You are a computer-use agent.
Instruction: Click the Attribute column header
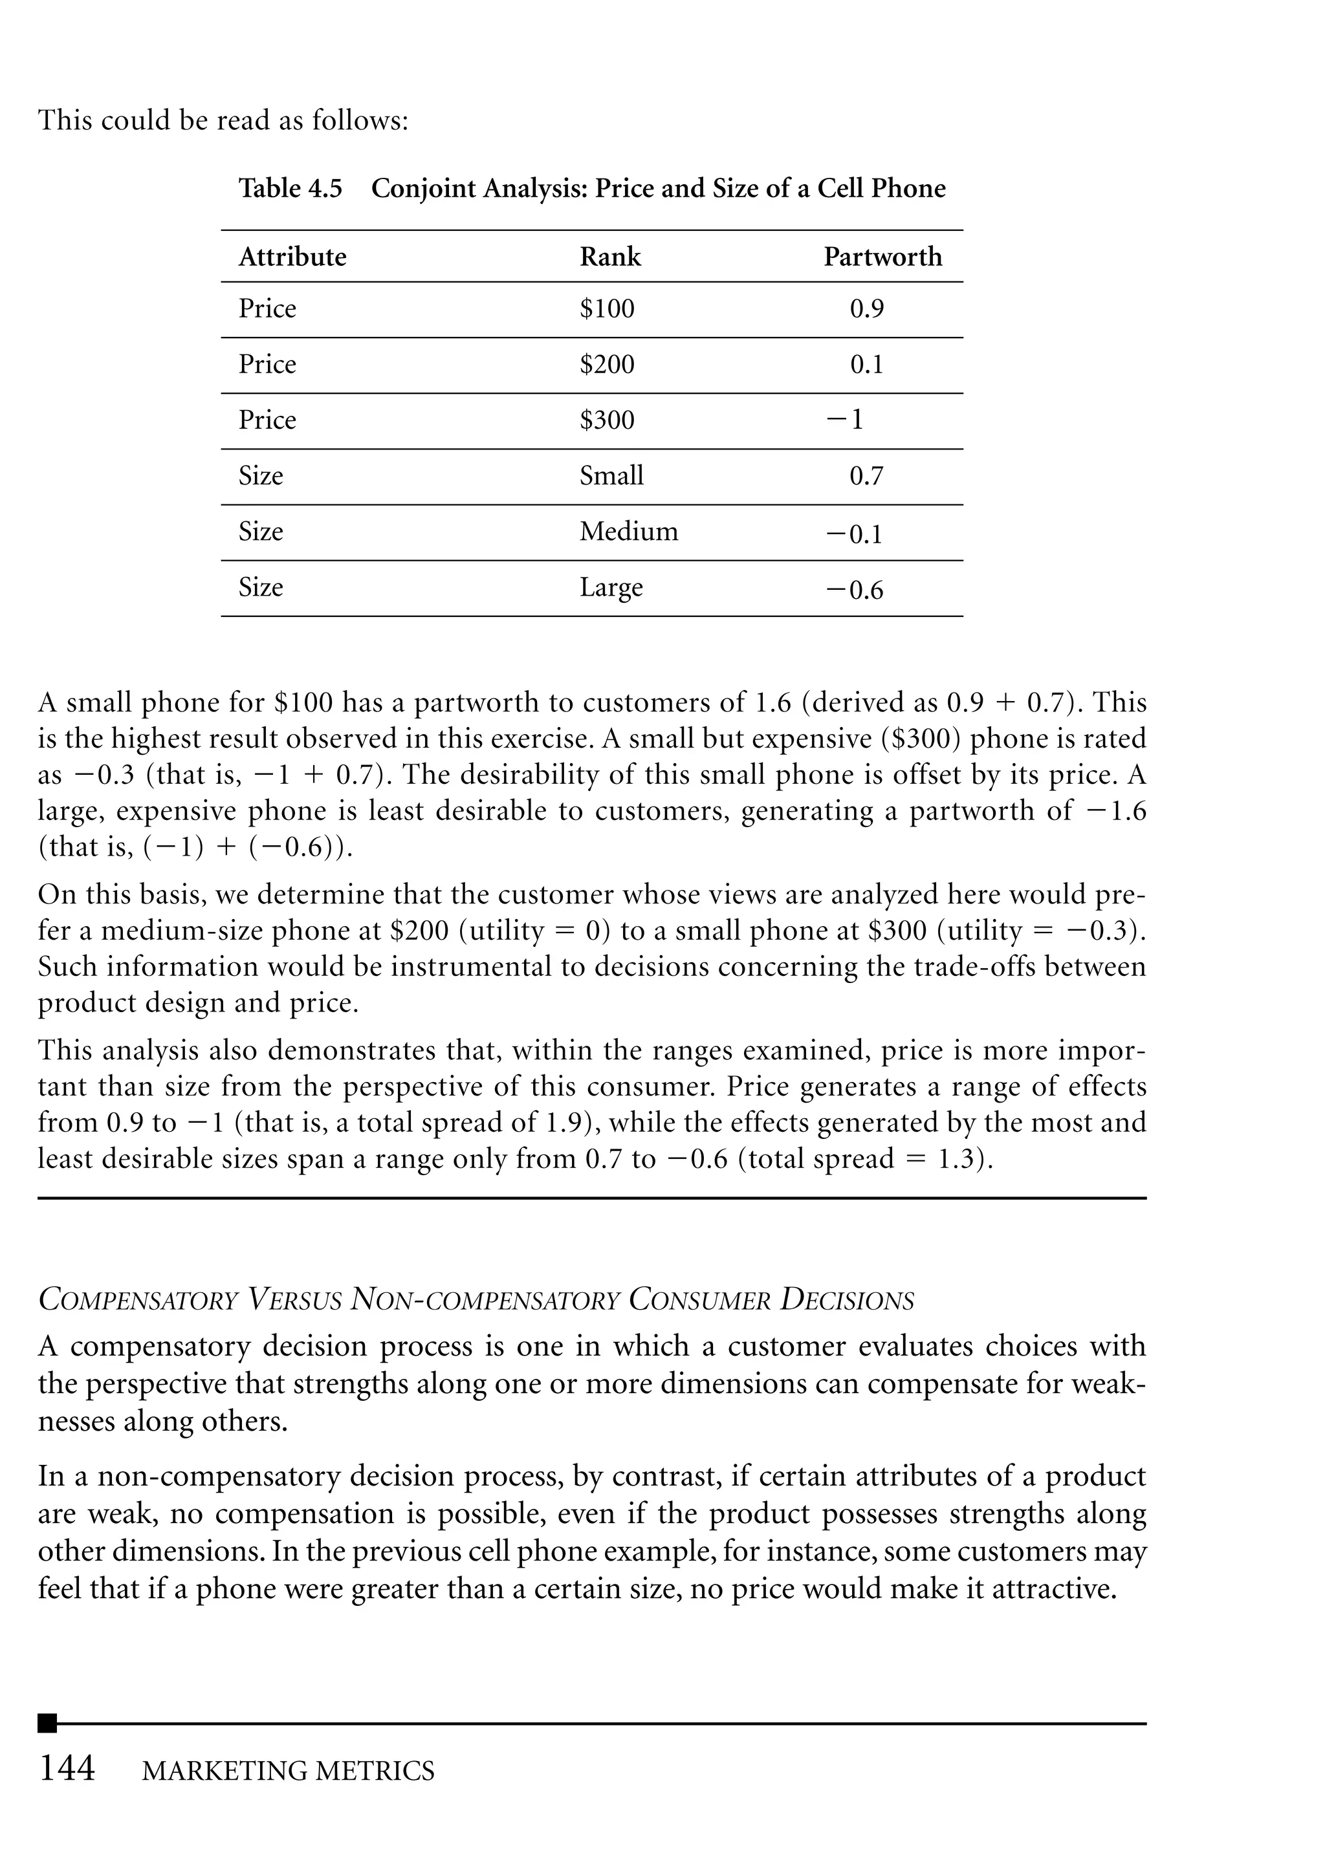pos(292,257)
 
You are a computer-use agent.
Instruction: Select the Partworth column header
pos(882,257)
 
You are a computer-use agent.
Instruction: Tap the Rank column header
pos(609,257)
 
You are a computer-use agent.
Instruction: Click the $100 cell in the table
pos(606,309)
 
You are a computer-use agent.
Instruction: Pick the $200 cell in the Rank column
pos(606,365)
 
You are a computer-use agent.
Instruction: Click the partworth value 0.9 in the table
pos(866,309)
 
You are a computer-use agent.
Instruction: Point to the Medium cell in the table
pos(628,532)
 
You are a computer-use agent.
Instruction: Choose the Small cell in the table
pos(611,476)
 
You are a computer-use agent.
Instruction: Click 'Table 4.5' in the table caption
pos(290,188)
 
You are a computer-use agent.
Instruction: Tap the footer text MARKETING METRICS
pos(288,1772)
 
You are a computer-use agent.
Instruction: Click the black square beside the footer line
pos(47,1723)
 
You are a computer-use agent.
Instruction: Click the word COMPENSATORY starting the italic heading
pos(138,1300)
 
